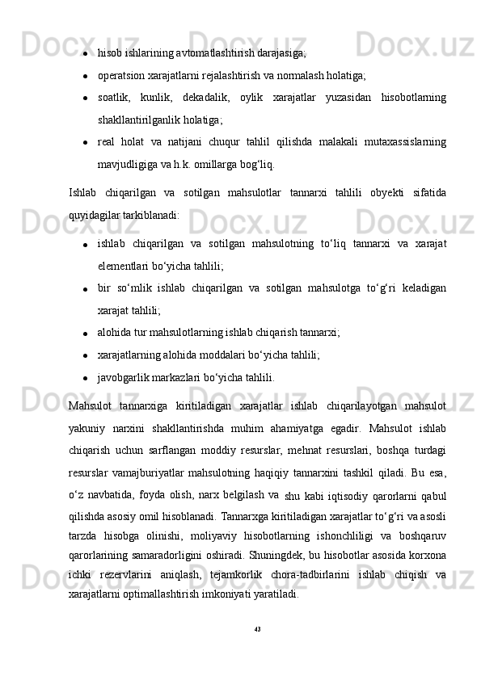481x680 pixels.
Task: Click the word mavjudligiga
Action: (126, 165)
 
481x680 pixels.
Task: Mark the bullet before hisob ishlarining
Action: (84, 55)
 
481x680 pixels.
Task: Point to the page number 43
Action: (258, 628)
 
